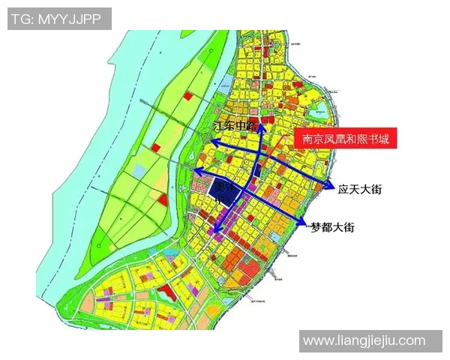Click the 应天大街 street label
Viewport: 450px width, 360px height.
point(360,190)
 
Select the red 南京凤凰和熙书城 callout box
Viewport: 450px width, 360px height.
point(345,139)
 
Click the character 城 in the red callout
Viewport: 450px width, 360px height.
point(383,139)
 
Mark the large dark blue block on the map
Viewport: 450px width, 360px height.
point(224,191)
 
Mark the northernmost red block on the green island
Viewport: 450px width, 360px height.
point(188,97)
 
